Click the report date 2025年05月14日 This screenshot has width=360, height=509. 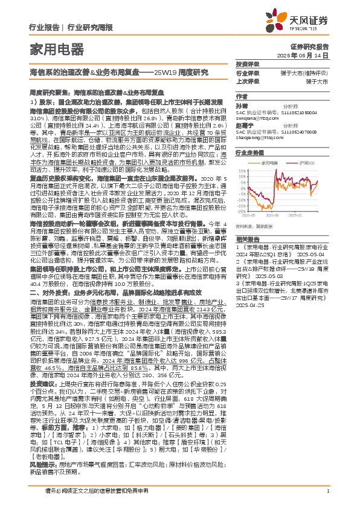pos(309,54)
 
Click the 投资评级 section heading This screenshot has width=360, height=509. pos(246,64)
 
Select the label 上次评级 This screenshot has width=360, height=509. pos(248,81)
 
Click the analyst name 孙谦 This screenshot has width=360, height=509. pos(241,105)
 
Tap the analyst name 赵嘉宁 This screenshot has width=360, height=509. pos(243,126)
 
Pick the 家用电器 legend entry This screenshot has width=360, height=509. pos(272,162)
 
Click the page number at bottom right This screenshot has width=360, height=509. pos(327,491)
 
